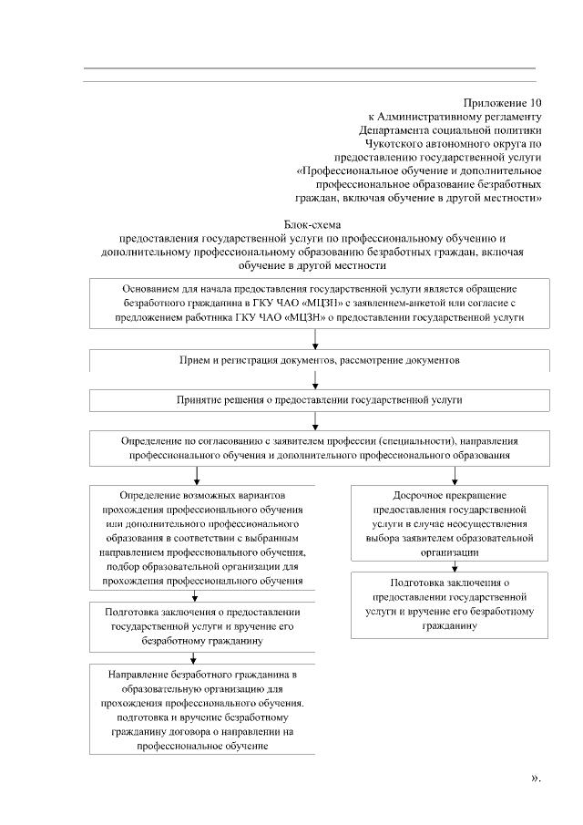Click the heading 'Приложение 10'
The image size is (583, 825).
[502, 103]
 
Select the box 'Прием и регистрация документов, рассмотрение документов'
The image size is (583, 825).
[319, 361]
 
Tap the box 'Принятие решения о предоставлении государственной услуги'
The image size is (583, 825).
[319, 400]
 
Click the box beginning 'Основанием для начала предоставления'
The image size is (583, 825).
[319, 303]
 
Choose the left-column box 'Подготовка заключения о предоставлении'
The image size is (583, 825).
[202, 627]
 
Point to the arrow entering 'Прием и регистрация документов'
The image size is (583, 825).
[315, 339]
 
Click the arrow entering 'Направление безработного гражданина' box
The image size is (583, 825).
[193, 658]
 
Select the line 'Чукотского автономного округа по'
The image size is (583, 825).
[453, 143]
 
